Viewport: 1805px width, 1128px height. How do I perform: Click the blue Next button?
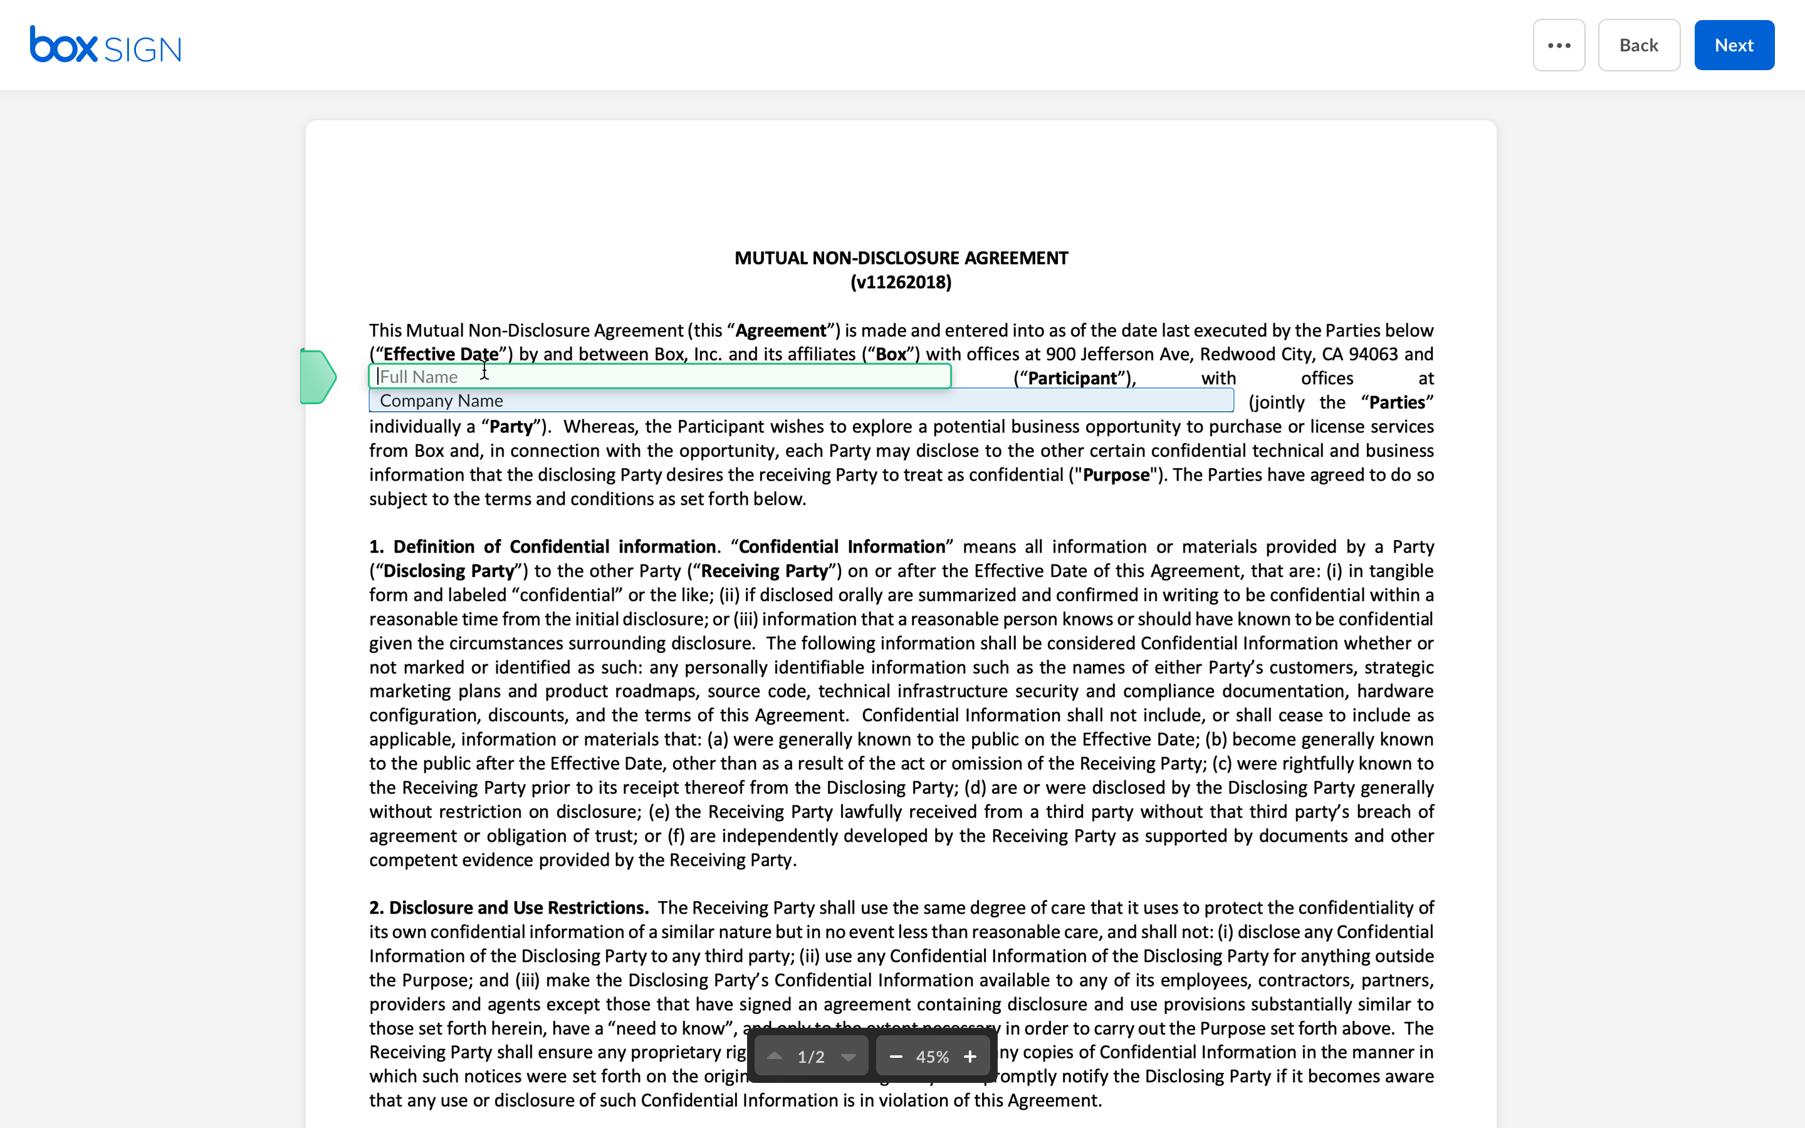pos(1734,46)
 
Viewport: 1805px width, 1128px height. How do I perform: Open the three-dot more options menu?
pos(1558,46)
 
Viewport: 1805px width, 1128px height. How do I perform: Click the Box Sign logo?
pos(105,46)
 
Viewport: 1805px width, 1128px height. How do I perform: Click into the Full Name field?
pos(659,377)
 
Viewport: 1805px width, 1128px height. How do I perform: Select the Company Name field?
pos(800,400)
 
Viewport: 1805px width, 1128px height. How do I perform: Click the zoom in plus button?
pos(970,1057)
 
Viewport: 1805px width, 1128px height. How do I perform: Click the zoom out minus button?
pos(896,1057)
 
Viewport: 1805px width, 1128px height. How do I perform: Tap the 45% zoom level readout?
pos(933,1057)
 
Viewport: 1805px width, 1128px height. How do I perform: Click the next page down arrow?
pos(848,1057)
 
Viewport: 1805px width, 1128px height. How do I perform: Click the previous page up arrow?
pos(774,1057)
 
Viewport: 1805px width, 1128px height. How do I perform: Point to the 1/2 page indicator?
pos(811,1057)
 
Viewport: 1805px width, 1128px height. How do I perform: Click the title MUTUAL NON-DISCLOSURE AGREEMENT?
pos(901,258)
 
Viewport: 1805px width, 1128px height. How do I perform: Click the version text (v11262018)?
pos(901,283)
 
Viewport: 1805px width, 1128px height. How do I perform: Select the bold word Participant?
pos(1072,379)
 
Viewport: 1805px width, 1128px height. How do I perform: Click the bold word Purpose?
pos(1116,475)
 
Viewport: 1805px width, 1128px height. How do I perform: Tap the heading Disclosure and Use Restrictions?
pos(518,908)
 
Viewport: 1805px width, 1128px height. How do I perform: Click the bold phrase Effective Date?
pos(440,354)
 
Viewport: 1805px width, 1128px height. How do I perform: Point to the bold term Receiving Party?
pos(764,572)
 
